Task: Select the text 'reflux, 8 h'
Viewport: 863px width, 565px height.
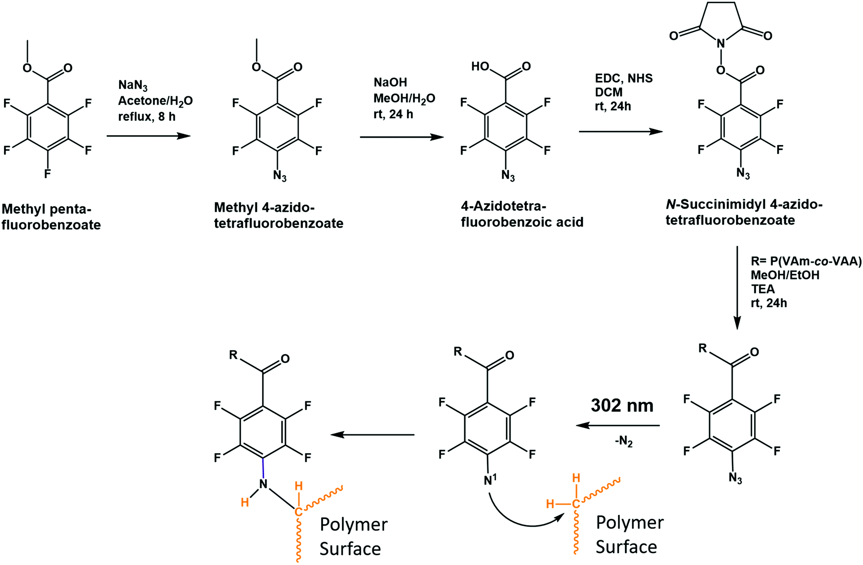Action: [x=146, y=117]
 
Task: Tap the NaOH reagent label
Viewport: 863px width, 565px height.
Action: [x=390, y=82]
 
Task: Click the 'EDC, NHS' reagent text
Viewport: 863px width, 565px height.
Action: [x=624, y=78]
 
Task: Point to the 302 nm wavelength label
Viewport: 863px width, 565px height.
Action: [x=622, y=405]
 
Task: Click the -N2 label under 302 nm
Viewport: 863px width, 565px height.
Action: [x=624, y=442]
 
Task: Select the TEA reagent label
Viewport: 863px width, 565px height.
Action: [x=763, y=289]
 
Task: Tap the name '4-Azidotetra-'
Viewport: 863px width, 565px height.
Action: [x=504, y=206]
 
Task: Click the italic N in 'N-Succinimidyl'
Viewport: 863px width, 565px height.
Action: [x=670, y=205]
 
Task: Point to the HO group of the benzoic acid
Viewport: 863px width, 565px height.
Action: [x=480, y=67]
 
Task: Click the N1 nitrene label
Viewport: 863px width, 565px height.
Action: [x=490, y=480]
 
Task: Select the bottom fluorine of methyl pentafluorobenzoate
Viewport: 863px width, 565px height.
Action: [x=47, y=174]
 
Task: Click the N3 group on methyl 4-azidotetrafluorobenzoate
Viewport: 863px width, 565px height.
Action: [x=280, y=176]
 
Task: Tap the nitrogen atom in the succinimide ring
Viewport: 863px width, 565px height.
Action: [x=721, y=43]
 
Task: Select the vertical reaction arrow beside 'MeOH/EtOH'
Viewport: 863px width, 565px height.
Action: [x=737, y=288]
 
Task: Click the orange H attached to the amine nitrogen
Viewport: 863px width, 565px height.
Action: [x=245, y=502]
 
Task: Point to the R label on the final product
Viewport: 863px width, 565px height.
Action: [x=234, y=355]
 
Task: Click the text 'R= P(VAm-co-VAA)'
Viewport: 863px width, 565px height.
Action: [x=806, y=261]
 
